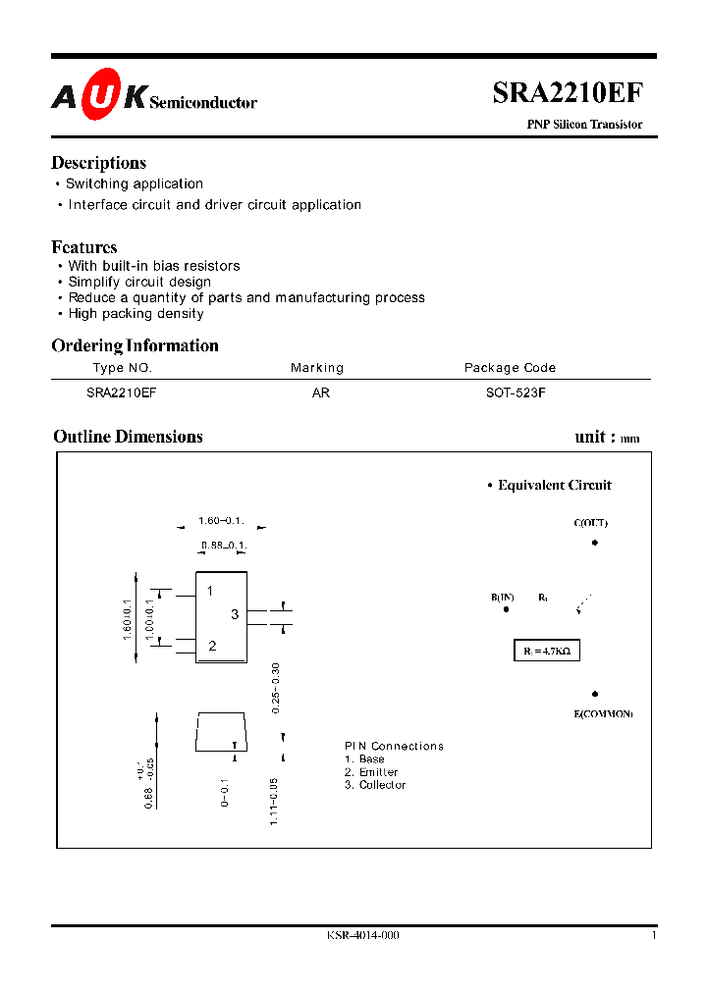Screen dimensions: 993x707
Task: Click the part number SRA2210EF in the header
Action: pos(568,92)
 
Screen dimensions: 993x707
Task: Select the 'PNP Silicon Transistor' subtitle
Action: pos(584,125)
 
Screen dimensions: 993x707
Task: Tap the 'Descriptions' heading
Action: pos(98,163)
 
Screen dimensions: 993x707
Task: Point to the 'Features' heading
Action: pos(84,247)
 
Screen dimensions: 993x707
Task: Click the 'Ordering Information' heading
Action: pos(135,345)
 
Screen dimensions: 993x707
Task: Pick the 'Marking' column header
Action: pos(317,368)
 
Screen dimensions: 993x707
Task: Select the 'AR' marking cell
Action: pos(320,391)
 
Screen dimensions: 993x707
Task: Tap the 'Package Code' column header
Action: pos(510,368)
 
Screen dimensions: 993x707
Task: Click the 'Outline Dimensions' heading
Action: pos(128,437)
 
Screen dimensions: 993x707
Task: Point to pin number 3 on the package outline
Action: pos(235,615)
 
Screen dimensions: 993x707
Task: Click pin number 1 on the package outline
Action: pos(210,591)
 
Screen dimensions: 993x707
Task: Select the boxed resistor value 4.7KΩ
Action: pos(548,650)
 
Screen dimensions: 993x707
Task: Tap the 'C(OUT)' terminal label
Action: pos(590,523)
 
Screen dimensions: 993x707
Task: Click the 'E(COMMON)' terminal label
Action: pos(603,713)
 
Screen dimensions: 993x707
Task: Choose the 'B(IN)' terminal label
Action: pos(503,597)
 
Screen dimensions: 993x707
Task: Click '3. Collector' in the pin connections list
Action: pos(375,785)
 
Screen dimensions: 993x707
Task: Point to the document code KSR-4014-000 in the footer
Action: pos(363,935)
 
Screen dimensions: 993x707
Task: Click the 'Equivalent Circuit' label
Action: pos(554,485)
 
